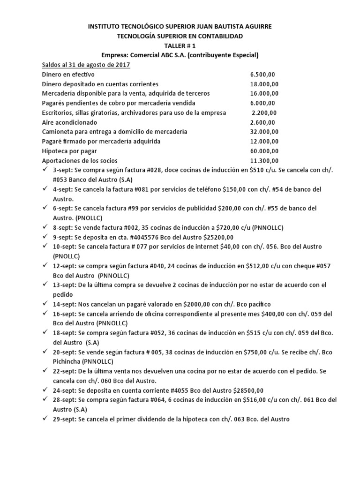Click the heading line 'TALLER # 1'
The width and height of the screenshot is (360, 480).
click(x=180, y=45)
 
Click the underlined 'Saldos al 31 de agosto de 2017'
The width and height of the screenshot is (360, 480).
click(x=86, y=65)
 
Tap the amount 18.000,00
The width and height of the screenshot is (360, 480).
click(x=264, y=84)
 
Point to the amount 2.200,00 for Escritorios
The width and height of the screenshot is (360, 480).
click(x=264, y=112)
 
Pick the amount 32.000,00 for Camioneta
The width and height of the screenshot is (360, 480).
click(x=264, y=132)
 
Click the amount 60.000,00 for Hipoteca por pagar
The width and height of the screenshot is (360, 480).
click(x=264, y=151)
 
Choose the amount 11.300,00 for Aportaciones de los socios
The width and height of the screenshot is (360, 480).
click(x=264, y=160)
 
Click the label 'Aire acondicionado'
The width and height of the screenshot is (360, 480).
click(x=70, y=122)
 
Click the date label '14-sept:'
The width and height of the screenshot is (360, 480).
click(x=64, y=304)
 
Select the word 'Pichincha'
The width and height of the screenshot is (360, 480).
click(x=67, y=361)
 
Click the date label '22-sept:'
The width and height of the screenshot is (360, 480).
click(x=64, y=371)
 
